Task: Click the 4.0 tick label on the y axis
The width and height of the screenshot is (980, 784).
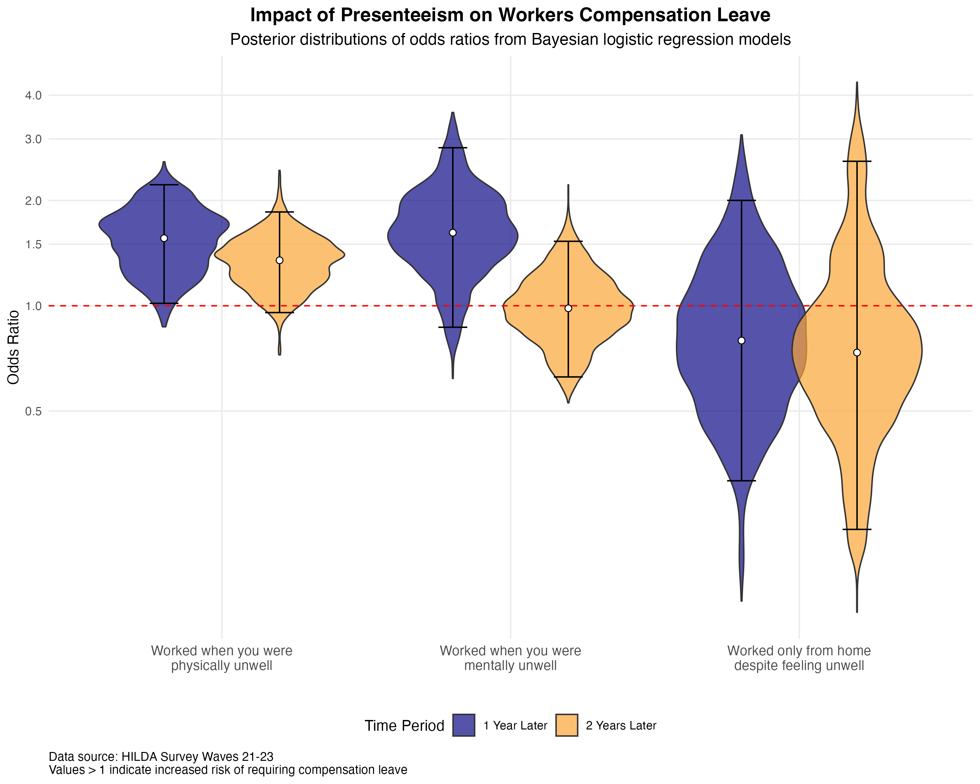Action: tap(33, 95)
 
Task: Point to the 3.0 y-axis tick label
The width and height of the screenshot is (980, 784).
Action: tap(33, 139)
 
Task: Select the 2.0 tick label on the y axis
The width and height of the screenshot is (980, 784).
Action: tap(33, 201)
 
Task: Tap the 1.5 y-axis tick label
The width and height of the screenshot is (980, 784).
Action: tap(33, 245)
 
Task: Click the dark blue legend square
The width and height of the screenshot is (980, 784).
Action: tap(464, 725)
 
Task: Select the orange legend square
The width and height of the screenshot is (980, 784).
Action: tap(567, 725)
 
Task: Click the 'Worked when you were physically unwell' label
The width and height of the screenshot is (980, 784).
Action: tap(221, 658)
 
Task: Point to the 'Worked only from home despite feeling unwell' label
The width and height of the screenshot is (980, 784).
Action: tap(799, 658)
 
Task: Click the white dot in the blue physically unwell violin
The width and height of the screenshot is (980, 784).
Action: tap(164, 238)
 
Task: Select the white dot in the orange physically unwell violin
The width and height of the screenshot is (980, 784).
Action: tap(280, 260)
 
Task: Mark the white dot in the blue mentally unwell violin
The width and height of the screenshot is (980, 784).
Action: tap(453, 233)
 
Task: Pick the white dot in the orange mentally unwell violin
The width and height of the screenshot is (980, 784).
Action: tap(568, 308)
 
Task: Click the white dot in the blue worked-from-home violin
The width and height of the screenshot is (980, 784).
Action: tap(741, 340)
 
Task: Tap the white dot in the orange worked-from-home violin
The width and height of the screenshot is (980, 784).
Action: tap(857, 352)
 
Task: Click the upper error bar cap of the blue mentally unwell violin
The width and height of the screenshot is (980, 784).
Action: tap(453, 148)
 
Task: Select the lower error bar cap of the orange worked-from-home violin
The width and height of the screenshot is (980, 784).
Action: tap(857, 529)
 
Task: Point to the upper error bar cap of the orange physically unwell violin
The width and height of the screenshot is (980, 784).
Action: tap(280, 212)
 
